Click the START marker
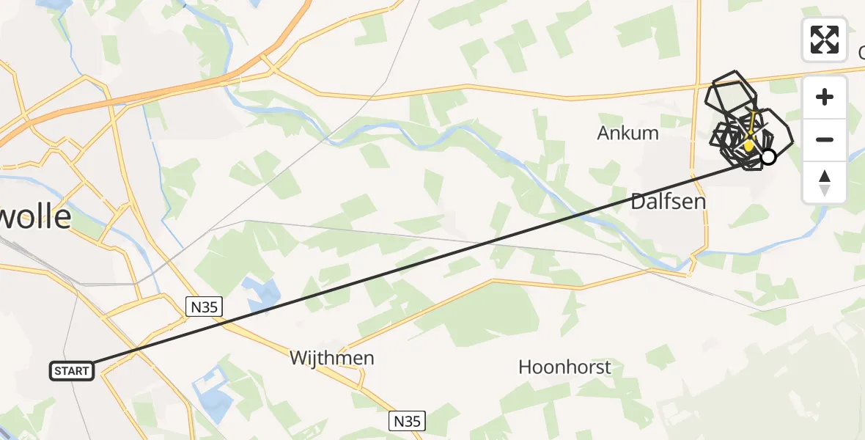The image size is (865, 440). coord(72,371)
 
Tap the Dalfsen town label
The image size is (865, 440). coord(668,201)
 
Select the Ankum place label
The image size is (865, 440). coord(627,133)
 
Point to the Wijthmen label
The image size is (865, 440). coord(331,358)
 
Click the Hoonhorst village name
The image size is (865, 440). coord(564,367)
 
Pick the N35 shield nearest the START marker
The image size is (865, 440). coord(203,307)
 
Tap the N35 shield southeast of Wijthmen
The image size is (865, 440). coord(407,421)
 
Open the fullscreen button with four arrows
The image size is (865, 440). coord(825,40)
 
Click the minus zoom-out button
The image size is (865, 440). coord(825,139)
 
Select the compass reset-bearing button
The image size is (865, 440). coord(825,183)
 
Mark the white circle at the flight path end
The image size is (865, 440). coord(768,156)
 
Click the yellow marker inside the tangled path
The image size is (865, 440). coord(748,144)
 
